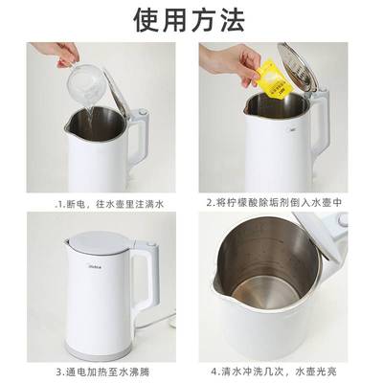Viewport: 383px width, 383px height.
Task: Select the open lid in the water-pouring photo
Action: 115,86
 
